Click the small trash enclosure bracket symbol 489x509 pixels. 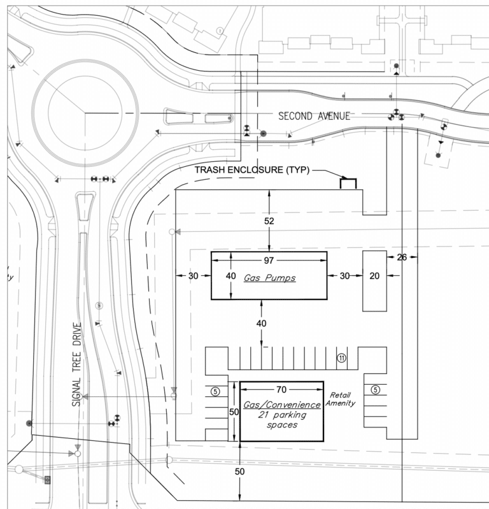click(x=348, y=183)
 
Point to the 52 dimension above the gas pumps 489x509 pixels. click(x=270, y=221)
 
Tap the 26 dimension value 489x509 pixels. click(x=401, y=257)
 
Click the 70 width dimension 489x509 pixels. click(x=281, y=388)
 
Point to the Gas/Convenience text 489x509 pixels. click(x=281, y=405)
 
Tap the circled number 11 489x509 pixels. click(x=341, y=359)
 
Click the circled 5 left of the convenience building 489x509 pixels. click(x=215, y=392)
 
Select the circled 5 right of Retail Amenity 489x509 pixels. click(x=376, y=390)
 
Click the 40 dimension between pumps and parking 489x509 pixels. click(x=262, y=323)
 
